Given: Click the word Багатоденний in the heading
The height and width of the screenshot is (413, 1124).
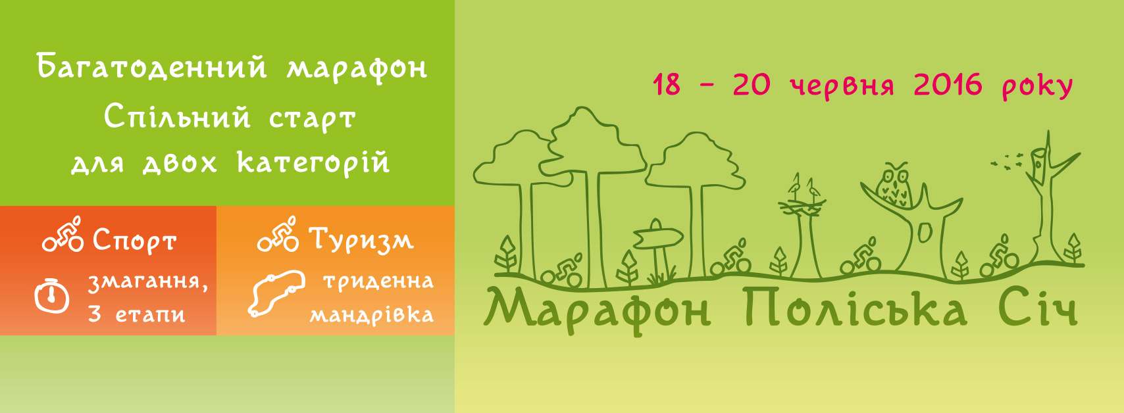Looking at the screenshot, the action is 151,67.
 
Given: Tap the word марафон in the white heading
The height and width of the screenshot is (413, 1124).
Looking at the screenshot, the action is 357,68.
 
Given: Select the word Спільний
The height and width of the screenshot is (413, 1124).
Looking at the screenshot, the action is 177,117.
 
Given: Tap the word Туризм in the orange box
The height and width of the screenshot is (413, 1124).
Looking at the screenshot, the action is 361,239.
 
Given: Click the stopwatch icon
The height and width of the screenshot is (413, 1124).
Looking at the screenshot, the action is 52,296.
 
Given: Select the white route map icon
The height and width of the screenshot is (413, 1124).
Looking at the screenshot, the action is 276,293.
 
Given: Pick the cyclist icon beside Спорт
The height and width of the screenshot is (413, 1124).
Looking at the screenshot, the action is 63,234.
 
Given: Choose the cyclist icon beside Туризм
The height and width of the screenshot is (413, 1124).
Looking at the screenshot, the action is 278,234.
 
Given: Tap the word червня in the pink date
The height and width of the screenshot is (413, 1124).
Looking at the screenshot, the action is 842,86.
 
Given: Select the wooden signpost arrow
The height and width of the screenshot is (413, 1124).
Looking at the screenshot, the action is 658,237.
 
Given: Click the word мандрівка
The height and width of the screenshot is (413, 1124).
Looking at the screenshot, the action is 372,315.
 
